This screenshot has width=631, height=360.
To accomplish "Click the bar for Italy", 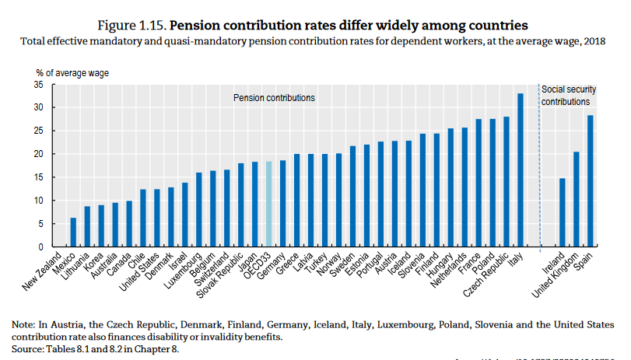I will coord(521,170).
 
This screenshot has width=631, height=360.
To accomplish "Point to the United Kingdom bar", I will coord(577,199).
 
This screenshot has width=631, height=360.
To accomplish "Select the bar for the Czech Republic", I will coord(507,182).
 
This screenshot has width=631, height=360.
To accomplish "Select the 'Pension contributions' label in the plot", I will coord(275,98).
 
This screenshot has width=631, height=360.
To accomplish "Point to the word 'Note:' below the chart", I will coord(24,324).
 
